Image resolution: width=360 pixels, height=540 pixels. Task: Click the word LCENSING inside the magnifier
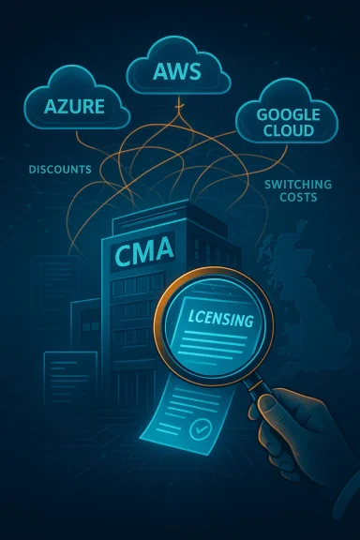217,320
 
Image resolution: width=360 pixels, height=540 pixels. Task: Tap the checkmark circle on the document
198,430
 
